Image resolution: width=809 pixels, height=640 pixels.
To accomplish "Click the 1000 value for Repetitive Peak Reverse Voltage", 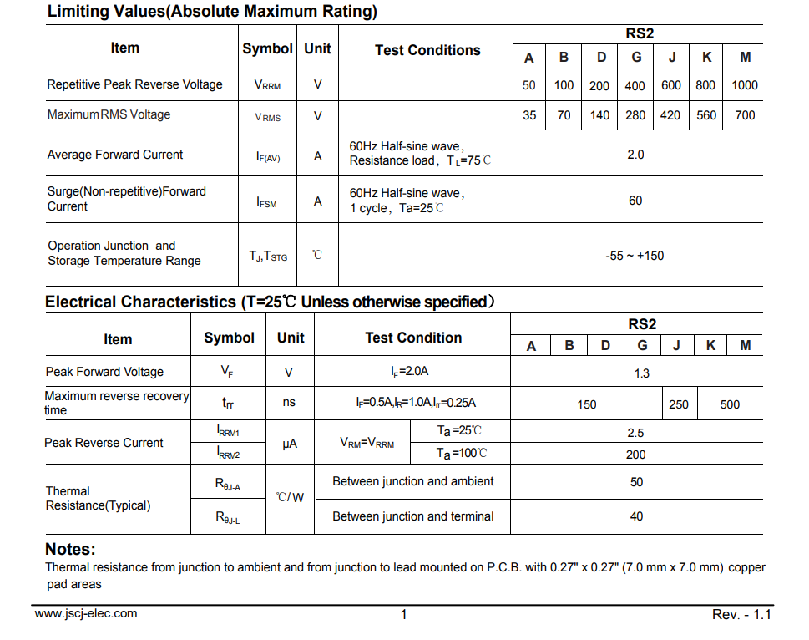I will (x=745, y=85).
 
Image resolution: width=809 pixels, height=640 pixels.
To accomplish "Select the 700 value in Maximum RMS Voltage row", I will (x=745, y=115).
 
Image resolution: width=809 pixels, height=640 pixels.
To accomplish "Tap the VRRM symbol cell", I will (x=267, y=85).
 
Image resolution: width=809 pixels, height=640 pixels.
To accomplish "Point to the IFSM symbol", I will (x=267, y=201).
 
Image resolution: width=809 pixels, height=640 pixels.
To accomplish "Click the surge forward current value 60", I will (x=635, y=201).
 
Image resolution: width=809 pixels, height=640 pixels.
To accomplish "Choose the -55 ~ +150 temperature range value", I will (x=635, y=256).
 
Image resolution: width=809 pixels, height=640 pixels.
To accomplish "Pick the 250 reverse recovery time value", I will (x=679, y=404).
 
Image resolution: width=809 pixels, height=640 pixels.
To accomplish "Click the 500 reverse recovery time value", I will (x=730, y=404).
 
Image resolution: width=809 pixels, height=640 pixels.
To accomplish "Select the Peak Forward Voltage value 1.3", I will (x=641, y=373).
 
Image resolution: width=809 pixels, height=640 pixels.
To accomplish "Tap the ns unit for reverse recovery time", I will (x=289, y=402).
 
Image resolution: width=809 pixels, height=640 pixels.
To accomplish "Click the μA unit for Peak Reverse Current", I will (x=290, y=444).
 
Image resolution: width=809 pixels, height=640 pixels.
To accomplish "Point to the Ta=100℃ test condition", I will (x=462, y=454).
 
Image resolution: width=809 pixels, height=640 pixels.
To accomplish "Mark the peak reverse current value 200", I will (x=635, y=455).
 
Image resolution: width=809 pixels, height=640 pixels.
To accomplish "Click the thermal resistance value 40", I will (x=636, y=516).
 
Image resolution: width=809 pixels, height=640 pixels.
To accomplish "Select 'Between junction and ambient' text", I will (x=412, y=481).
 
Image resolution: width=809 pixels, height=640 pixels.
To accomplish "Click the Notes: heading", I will (x=70, y=549).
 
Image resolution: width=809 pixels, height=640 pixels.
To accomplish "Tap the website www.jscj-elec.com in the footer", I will (x=86, y=613).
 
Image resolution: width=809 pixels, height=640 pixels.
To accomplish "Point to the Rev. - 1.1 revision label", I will (x=741, y=615).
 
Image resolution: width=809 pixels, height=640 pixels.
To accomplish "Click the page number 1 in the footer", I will (x=404, y=615).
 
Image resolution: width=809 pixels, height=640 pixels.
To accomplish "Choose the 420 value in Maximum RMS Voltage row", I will (x=670, y=115).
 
